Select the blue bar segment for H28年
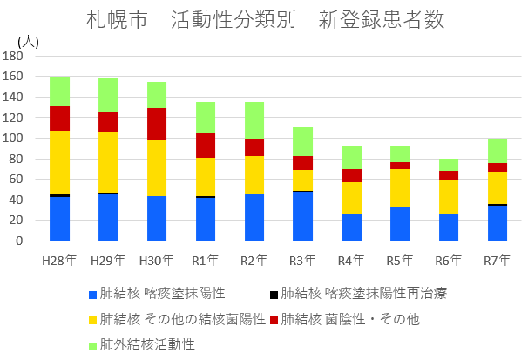pyautogui.click(x=59, y=219)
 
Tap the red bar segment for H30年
pyautogui.click(x=157, y=124)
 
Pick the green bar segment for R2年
pyautogui.click(x=254, y=120)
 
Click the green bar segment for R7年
pyautogui.click(x=498, y=151)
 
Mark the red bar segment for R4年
pyautogui.click(x=352, y=175)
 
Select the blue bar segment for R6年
pyautogui.click(x=449, y=228)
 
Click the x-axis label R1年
pyautogui.click(x=206, y=259)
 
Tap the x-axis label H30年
pyautogui.click(x=157, y=259)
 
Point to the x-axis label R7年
pyautogui.click(x=498, y=259)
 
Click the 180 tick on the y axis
pyautogui.click(x=13, y=56)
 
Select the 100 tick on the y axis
pyautogui.click(x=13, y=138)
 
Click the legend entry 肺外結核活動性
pyautogui.click(x=146, y=343)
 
